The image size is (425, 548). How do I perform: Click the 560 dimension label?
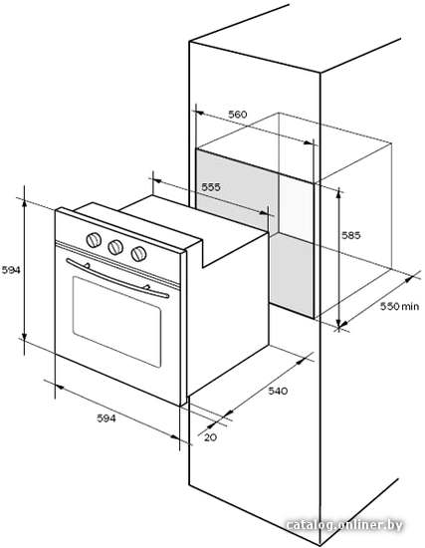[238, 115]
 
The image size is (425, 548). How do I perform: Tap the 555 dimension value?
[211, 187]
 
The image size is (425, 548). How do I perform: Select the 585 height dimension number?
[350, 235]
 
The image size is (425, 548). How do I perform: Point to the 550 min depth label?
[399, 306]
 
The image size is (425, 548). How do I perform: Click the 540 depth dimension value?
[278, 391]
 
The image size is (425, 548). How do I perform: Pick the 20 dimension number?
[210, 437]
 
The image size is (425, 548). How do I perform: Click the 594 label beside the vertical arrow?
[11, 270]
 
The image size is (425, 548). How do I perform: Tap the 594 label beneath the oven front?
[106, 418]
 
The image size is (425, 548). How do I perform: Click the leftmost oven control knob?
[94, 240]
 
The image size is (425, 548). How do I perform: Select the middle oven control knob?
[115, 247]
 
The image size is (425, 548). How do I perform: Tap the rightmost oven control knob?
[138, 254]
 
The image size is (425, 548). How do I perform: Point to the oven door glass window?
[117, 322]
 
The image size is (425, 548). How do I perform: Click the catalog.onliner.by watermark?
[344, 524]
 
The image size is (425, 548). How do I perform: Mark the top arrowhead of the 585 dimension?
[338, 192]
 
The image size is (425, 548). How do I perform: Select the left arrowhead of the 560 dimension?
[199, 113]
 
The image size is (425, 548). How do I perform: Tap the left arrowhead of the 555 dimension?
[156, 181]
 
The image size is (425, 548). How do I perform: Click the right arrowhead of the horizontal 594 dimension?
[175, 437]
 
